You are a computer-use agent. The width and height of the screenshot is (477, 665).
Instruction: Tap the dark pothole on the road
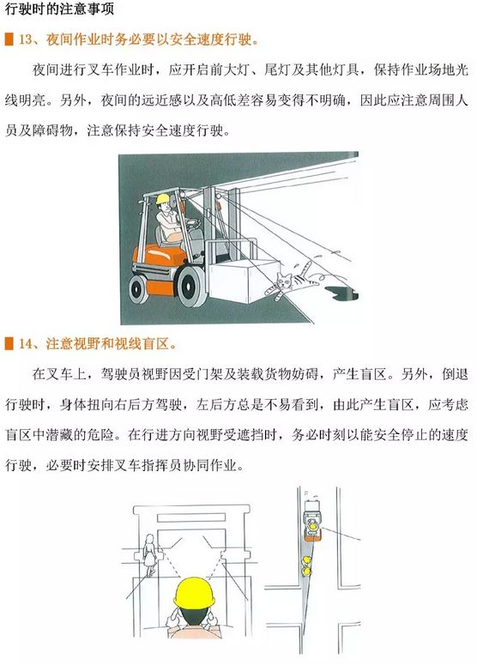click(x=341, y=292)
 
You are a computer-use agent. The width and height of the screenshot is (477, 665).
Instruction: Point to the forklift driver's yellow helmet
click(x=163, y=198)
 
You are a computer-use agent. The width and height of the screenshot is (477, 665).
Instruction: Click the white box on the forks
click(x=243, y=279)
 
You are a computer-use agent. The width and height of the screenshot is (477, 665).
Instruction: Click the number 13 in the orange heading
click(x=25, y=39)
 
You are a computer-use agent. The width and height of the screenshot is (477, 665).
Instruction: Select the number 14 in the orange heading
click(x=25, y=343)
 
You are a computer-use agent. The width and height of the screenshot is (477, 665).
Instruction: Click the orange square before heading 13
click(x=9, y=39)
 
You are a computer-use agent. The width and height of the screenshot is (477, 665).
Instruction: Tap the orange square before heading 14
click(x=9, y=343)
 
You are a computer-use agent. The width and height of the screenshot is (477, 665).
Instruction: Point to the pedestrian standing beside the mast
click(x=149, y=555)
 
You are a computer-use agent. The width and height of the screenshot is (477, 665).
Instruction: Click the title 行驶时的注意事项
click(x=60, y=9)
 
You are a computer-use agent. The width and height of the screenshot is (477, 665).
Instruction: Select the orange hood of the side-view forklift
click(x=160, y=254)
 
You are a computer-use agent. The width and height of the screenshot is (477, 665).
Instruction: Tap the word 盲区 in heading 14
click(x=156, y=343)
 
